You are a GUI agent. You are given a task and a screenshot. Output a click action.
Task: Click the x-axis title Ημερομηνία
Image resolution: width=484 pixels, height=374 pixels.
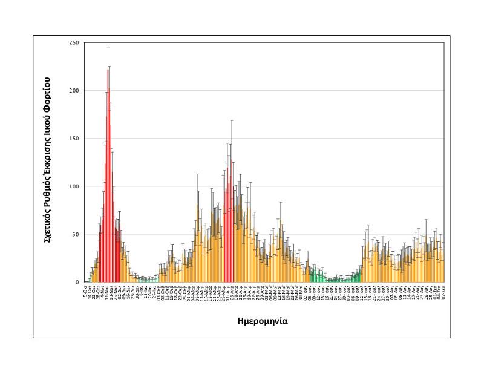262,321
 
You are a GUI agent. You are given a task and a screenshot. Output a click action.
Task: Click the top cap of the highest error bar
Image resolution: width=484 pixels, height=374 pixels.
108,47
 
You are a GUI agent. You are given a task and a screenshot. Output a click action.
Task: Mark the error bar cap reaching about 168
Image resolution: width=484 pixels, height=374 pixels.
231,121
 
